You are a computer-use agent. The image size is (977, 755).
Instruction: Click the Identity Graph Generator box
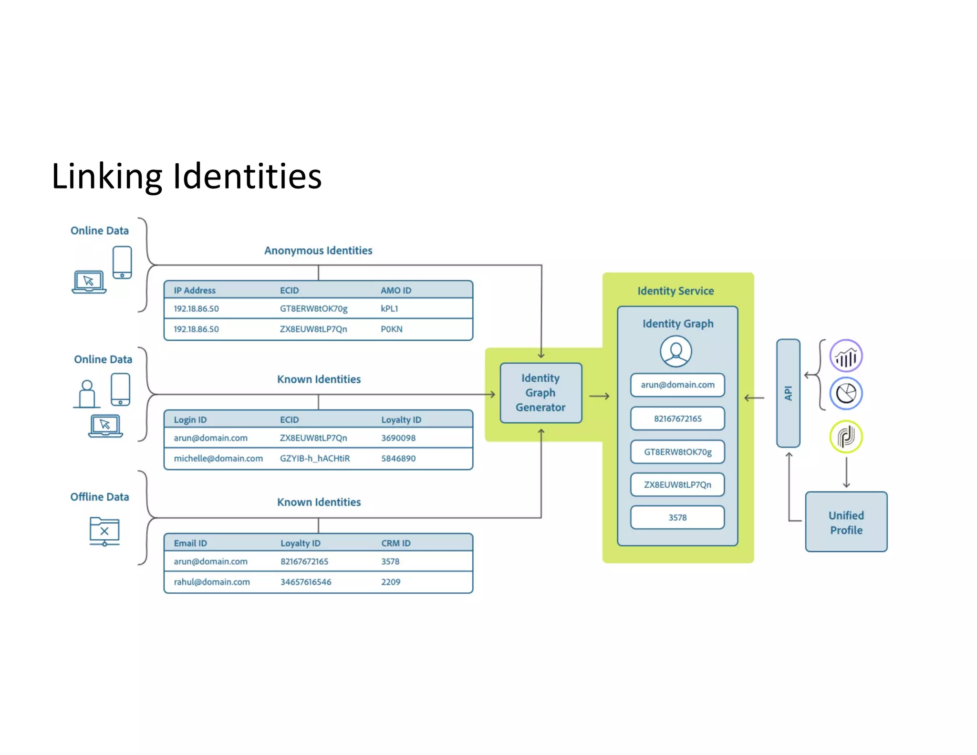(540, 393)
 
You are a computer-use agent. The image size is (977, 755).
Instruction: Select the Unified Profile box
(846, 522)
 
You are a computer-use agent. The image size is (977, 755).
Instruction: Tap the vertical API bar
(788, 393)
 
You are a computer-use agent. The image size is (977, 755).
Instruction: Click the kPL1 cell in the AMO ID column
(389, 309)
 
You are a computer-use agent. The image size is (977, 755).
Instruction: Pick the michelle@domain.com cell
(218, 459)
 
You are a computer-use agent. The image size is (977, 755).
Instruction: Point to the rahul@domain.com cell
(211, 582)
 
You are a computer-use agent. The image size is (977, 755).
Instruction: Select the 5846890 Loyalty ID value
(398, 459)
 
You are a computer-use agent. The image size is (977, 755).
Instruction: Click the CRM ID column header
(395, 543)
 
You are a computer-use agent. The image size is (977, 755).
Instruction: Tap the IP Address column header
(194, 290)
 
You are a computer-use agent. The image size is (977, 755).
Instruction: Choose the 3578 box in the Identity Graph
(677, 518)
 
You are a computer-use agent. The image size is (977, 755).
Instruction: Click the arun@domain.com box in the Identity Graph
(677, 385)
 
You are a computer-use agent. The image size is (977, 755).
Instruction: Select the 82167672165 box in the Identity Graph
(677, 419)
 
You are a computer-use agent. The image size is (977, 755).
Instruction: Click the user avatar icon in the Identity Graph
(676, 351)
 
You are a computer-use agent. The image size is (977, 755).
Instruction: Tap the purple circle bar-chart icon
(846, 356)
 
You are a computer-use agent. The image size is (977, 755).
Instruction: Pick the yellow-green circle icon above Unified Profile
(846, 437)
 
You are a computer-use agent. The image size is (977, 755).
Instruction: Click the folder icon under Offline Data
(104, 531)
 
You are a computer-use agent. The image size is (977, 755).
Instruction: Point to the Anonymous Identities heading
(318, 251)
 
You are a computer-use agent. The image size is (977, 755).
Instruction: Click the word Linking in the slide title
(107, 177)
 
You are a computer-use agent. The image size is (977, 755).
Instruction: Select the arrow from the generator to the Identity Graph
(599, 396)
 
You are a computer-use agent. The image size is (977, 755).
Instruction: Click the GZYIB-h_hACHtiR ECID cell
(314, 459)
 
